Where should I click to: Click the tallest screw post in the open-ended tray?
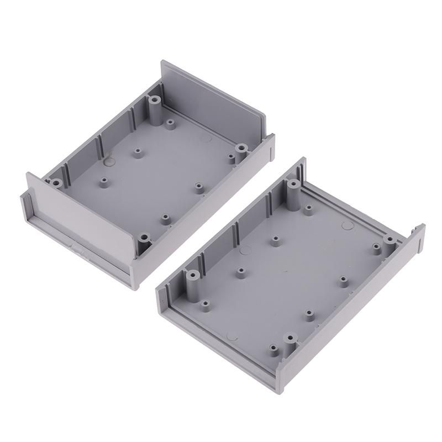tap(292, 191)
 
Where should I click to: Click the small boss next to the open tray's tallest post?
tap(308, 209)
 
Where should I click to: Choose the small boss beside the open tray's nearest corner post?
tap(272, 348)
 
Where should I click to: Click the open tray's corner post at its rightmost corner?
tap(390, 240)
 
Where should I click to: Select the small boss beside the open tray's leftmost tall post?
tap(206, 303)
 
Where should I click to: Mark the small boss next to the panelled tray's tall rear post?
tap(170, 122)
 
